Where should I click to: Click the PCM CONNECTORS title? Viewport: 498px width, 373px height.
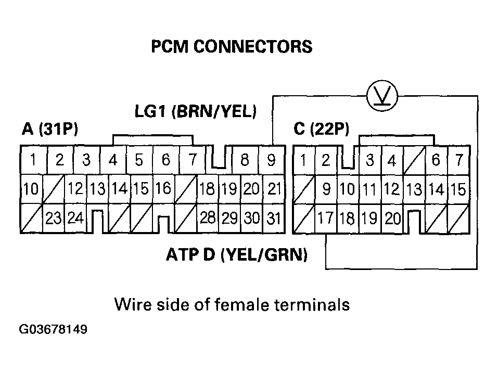232,47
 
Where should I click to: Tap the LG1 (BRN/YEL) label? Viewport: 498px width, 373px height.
196,111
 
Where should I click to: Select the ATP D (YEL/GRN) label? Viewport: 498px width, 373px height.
237,255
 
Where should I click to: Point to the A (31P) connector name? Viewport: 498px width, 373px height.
50,129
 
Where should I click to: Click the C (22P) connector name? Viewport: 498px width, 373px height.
321,129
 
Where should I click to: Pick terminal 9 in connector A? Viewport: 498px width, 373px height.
271,160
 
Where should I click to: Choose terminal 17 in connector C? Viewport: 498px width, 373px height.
326,218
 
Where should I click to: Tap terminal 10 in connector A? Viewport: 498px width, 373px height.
31,189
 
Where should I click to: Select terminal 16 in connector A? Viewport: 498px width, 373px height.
163,188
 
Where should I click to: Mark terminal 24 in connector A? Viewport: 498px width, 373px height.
75,218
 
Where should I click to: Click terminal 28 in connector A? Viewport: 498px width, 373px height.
208,218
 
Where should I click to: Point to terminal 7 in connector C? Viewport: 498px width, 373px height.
458,160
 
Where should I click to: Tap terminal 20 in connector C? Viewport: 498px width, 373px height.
393,218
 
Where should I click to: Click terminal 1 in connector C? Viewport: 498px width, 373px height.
303,160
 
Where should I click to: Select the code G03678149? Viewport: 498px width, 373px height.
53,330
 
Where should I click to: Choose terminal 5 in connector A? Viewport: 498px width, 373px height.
138,160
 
